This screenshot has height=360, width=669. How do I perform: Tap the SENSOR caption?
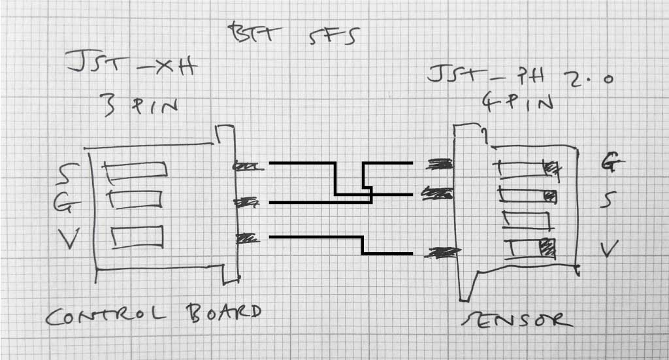[x=517, y=319]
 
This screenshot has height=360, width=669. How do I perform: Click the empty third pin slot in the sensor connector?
[x=525, y=220]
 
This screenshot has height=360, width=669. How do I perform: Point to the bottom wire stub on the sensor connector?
[x=439, y=252]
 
